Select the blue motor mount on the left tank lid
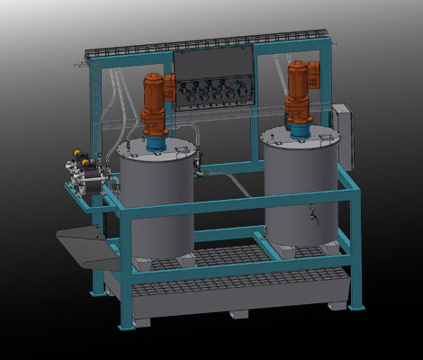(x=157, y=139)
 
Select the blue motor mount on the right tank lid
(x=299, y=131)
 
